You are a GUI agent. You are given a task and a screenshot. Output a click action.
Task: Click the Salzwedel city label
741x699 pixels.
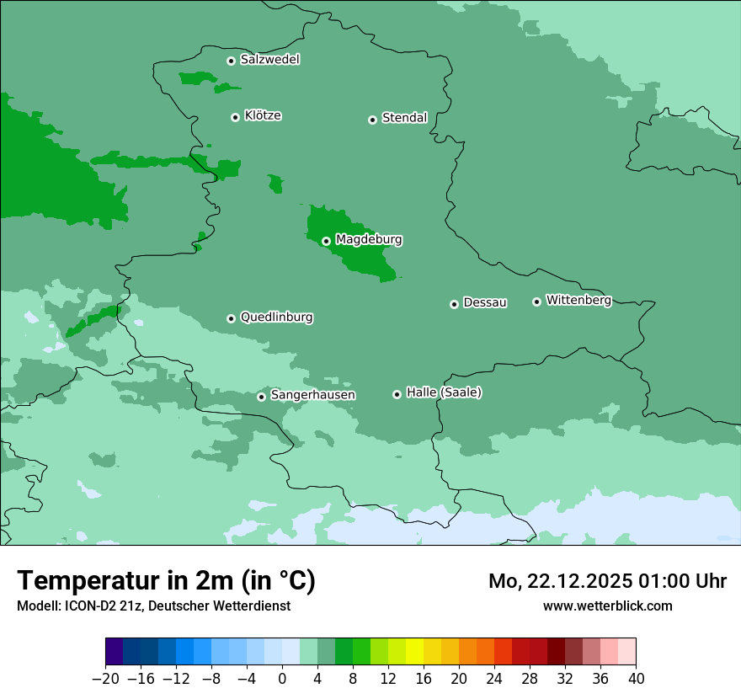click(x=269, y=60)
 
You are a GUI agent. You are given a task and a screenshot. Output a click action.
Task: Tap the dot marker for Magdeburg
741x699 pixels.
click(x=326, y=241)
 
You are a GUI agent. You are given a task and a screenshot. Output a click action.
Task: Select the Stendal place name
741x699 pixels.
click(x=404, y=118)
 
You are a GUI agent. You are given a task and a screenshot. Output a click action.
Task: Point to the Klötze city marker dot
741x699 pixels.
click(x=235, y=117)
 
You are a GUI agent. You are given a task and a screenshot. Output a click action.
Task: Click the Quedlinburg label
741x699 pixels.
click(x=276, y=317)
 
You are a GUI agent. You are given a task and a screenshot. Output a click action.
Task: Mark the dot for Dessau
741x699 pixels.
click(x=454, y=304)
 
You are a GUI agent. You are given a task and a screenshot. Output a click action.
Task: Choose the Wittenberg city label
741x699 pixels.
click(x=578, y=300)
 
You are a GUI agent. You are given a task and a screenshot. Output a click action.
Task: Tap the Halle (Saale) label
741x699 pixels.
click(x=444, y=392)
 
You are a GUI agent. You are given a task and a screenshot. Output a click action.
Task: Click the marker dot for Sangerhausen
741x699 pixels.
click(x=261, y=397)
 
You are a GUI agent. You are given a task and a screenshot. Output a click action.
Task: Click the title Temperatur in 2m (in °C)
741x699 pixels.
click(x=166, y=581)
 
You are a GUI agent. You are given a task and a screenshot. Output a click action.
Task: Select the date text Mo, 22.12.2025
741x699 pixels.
click(x=561, y=581)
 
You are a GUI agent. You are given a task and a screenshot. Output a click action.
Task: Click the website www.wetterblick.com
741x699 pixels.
click(x=607, y=606)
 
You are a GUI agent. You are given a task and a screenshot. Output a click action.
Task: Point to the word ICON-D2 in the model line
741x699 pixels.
click(x=88, y=606)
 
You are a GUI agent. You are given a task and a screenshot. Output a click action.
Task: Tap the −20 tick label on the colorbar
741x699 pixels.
click(x=105, y=679)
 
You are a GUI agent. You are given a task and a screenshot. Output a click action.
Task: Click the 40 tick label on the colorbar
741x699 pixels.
click(x=636, y=679)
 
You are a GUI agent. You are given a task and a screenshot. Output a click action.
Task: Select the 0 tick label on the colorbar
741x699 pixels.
click(x=282, y=679)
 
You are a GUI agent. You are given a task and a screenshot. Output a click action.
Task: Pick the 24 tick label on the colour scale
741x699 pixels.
click(x=494, y=679)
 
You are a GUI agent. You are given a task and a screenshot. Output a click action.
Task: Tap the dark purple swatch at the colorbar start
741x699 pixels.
click(x=114, y=652)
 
